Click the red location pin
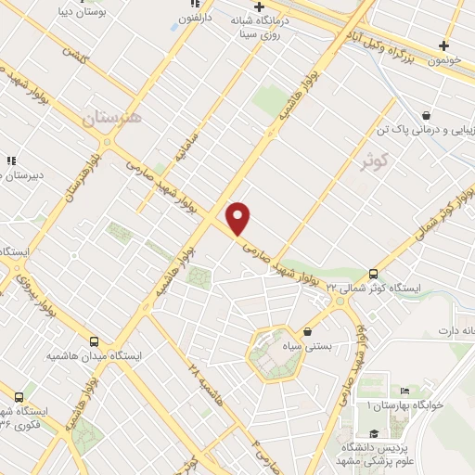[238, 218]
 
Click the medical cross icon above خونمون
[444, 45]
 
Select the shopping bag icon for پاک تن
[425, 115]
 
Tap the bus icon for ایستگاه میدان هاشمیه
[93, 341]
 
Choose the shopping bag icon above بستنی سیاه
[308, 331]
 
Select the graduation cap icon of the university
[372, 433]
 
